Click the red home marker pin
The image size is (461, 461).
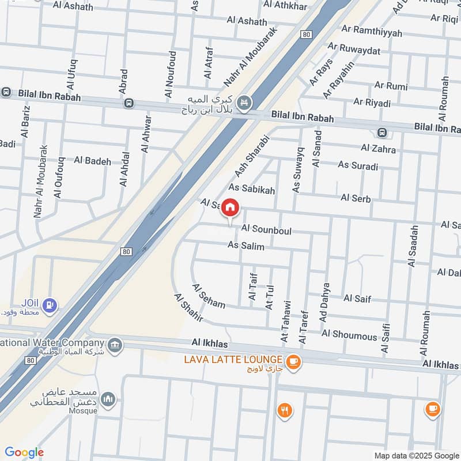tap(231, 208)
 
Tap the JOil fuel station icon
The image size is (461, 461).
tap(51, 303)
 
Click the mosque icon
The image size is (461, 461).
tap(108, 398)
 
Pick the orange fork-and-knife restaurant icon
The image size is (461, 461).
tap(284, 410)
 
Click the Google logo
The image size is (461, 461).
tap(24, 452)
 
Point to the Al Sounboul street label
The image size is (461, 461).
tap(267, 231)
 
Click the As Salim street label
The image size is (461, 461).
tap(246, 246)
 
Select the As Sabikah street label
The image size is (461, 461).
tap(252, 188)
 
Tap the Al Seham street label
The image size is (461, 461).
tap(209, 296)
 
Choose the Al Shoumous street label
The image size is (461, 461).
tap(349, 334)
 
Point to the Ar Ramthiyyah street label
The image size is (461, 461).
tap(372, 33)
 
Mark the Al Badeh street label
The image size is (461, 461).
tap(92, 161)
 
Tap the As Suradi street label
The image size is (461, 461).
tap(358, 167)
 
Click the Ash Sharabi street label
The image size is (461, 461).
tap(252, 156)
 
